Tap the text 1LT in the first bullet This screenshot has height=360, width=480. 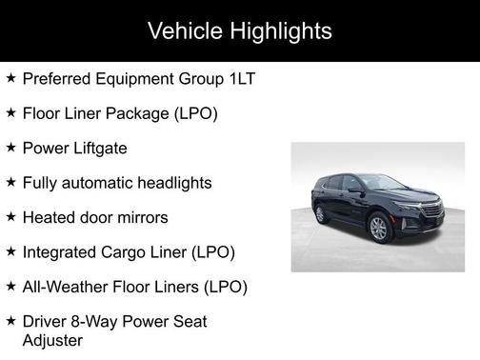pos(241,78)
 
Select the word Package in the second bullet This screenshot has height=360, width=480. pos(139,113)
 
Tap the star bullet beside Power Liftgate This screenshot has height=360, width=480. pos(10,148)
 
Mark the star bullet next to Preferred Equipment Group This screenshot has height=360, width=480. pos(10,77)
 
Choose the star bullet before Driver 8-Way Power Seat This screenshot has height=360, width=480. pos(10,321)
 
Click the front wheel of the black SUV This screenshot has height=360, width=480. pos(379,228)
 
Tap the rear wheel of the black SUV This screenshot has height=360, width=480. pos(319,214)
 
